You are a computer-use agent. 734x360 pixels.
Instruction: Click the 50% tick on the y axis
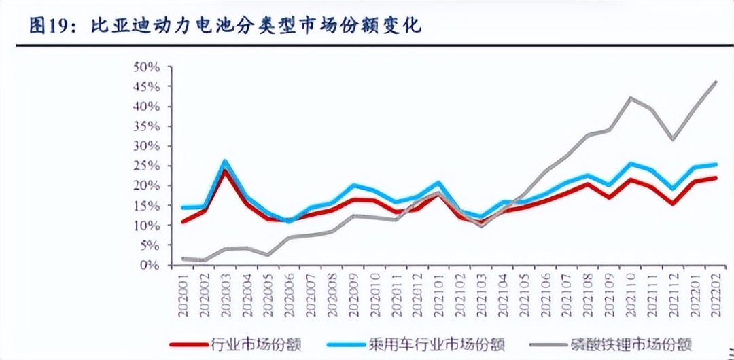(146, 67)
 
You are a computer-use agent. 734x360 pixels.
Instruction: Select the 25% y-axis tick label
(146, 166)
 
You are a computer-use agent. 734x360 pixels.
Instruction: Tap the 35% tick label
(146, 126)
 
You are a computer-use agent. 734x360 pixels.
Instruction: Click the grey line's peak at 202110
(631, 98)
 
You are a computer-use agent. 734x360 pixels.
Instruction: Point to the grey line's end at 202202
(715, 82)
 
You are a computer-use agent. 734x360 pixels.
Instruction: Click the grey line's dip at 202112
(673, 139)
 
